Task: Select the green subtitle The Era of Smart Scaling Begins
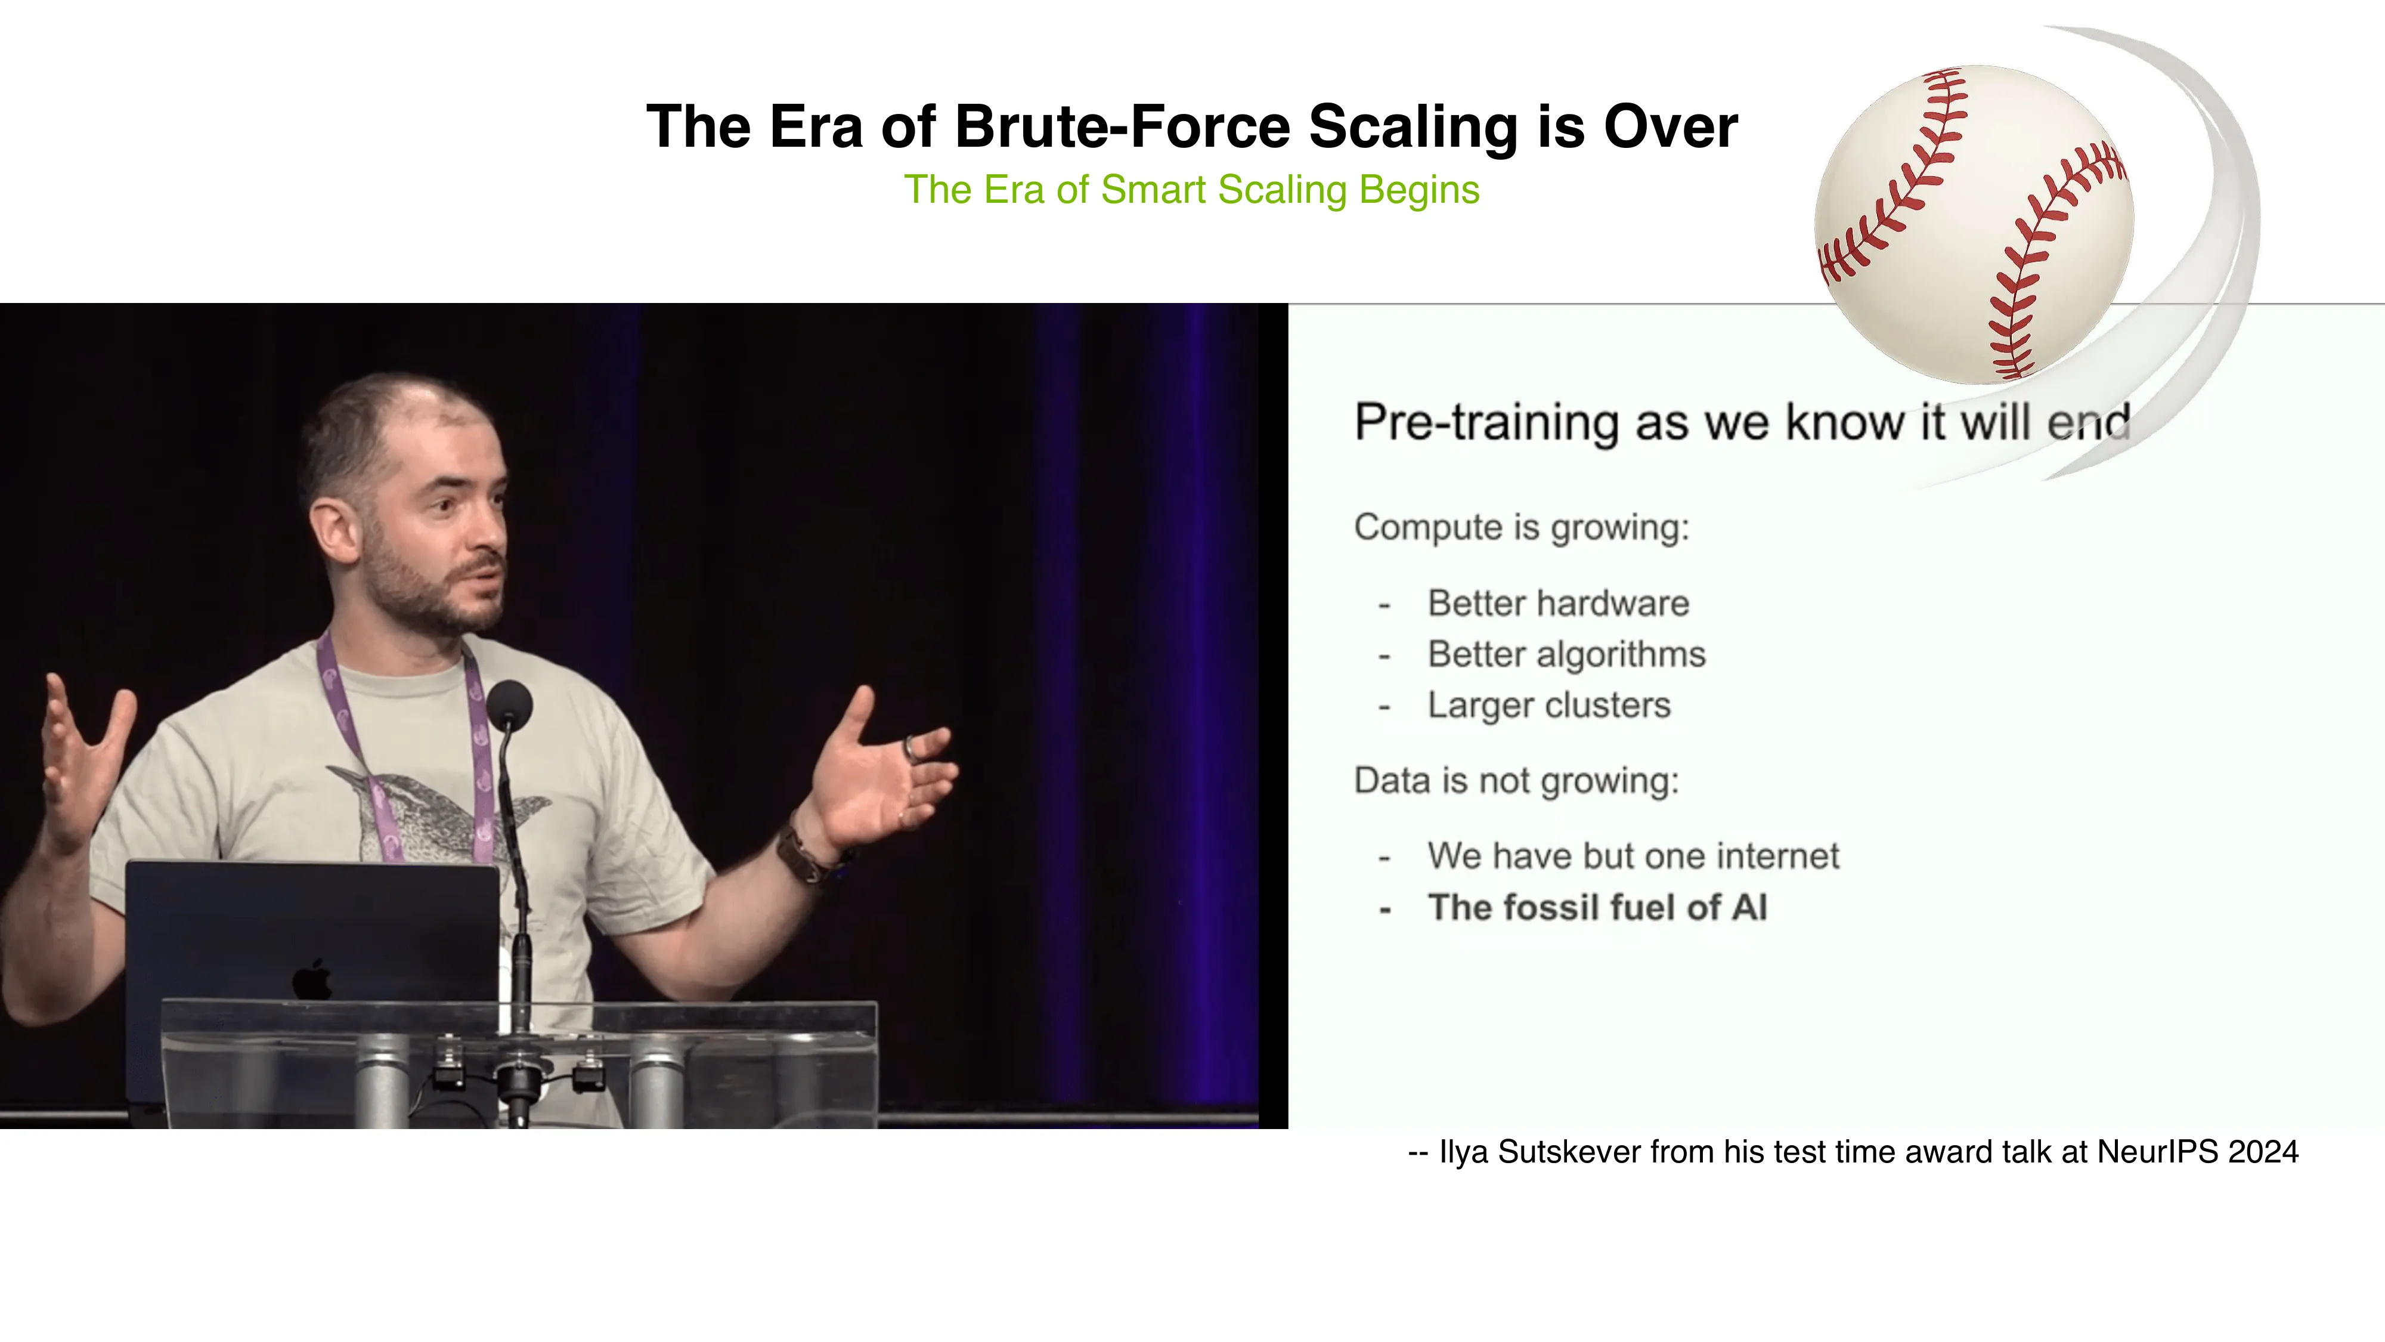[1191, 190]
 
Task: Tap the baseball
[1974, 224]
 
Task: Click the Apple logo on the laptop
[313, 979]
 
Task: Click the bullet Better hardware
[1558, 604]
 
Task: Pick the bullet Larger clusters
[1549, 706]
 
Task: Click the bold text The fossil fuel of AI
[1597, 908]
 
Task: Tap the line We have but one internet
[1633, 856]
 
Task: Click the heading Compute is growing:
[1521, 528]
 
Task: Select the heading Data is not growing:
[1516, 781]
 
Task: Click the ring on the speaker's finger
[911, 747]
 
